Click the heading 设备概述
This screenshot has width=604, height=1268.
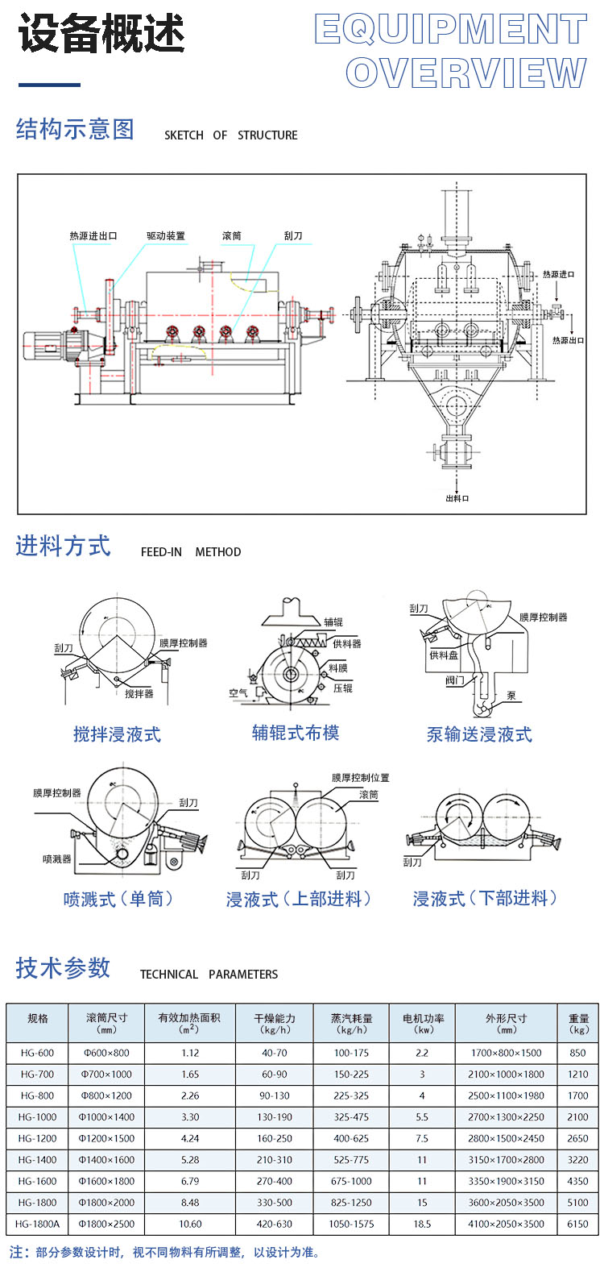[x=101, y=35]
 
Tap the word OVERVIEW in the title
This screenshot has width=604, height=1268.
[x=466, y=73]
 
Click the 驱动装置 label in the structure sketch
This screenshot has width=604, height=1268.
[x=166, y=236]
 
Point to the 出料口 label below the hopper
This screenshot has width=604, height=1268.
[x=457, y=498]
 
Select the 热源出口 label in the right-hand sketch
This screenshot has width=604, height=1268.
[x=568, y=341]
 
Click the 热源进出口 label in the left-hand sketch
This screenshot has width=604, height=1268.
[x=93, y=236]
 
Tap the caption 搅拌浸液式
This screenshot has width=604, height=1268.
[x=118, y=734]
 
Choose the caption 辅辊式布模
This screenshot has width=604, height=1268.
[x=296, y=733]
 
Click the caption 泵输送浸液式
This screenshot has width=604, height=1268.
[x=479, y=734]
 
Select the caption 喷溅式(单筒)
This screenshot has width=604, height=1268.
[x=118, y=899]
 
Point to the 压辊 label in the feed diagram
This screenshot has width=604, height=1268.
[x=343, y=688]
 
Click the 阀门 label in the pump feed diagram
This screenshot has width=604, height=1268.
[x=455, y=680]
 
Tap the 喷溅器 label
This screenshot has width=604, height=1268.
[x=57, y=859]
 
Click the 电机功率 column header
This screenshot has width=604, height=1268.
[x=423, y=1023]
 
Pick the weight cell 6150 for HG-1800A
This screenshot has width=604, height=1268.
[x=578, y=1224]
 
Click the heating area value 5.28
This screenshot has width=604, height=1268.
[x=190, y=1160]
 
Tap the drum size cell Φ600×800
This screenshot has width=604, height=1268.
[x=106, y=1053]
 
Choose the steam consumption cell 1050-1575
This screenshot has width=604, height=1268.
[x=351, y=1224]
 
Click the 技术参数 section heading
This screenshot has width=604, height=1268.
[x=63, y=968]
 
